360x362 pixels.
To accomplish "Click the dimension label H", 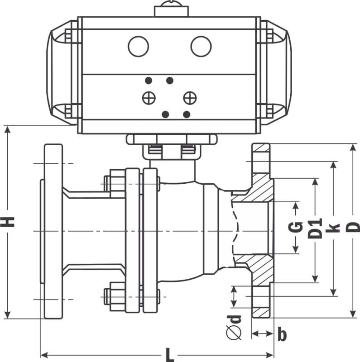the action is (8, 222).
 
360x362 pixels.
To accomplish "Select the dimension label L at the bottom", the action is (170, 355).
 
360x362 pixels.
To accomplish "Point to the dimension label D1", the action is (315, 229).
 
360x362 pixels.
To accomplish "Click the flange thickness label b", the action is (282, 334).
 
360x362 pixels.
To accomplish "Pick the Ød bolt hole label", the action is (234, 327).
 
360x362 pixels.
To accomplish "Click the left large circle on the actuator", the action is (139, 46).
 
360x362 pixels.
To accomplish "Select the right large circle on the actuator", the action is (201, 46).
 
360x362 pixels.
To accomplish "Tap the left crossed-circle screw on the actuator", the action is (149, 98).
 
